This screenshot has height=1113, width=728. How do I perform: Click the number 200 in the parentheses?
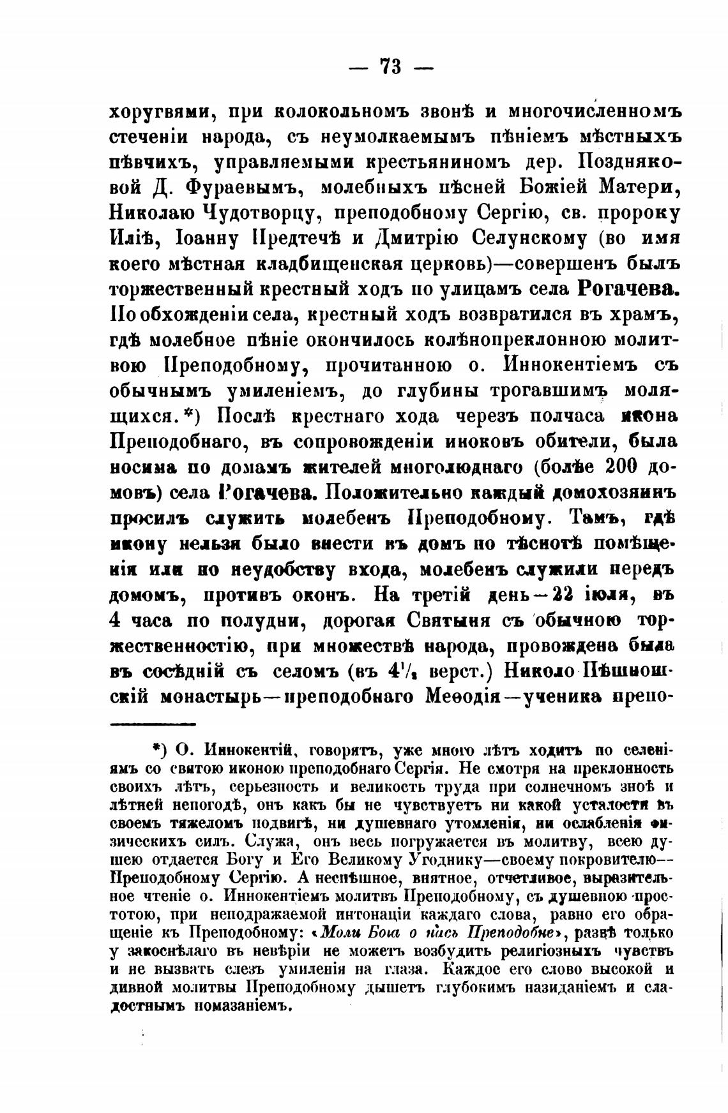(x=617, y=467)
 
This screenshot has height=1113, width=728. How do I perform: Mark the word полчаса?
(x=549, y=416)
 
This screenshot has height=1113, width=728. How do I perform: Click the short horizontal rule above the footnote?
(x=153, y=724)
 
